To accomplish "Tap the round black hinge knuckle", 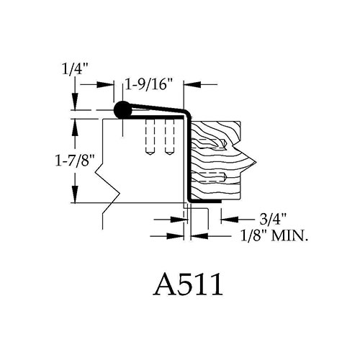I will pyautogui.click(x=123, y=109).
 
